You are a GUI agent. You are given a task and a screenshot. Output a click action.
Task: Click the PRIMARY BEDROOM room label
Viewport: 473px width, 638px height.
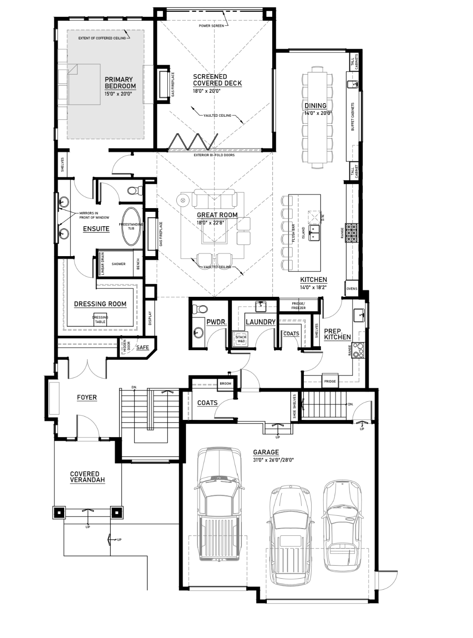click(x=120, y=82)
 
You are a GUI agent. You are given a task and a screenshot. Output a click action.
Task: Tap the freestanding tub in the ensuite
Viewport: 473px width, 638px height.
click(x=132, y=226)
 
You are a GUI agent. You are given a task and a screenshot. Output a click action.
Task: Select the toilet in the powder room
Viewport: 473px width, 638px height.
click(x=200, y=309)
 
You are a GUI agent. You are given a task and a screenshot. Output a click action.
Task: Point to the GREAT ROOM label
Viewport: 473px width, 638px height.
click(x=217, y=215)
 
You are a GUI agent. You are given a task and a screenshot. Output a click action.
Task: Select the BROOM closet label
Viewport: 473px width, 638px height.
click(x=226, y=383)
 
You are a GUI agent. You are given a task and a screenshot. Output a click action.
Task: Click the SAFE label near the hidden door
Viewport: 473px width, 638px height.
click(x=142, y=347)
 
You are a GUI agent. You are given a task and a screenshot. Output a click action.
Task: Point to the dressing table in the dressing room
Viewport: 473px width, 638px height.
click(x=100, y=319)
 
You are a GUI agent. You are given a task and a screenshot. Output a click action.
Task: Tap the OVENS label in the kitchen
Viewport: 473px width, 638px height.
click(x=352, y=289)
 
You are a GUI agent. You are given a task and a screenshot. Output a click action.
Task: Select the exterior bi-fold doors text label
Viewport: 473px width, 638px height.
click(x=214, y=155)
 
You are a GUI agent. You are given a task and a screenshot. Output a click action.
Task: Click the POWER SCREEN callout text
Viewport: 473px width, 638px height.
click(x=211, y=26)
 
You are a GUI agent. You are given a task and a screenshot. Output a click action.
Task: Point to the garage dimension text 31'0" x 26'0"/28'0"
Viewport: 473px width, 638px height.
click(x=273, y=460)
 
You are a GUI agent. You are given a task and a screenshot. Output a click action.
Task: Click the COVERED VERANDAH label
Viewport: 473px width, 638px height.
click(x=87, y=476)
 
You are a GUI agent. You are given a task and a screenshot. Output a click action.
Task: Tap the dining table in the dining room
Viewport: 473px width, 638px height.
click(x=317, y=117)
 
